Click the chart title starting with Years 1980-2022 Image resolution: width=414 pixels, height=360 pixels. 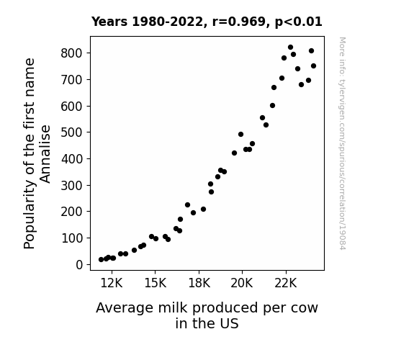pos(207,22)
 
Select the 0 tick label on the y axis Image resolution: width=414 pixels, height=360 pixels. pos(79,264)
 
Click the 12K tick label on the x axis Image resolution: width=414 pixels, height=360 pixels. pos(112,283)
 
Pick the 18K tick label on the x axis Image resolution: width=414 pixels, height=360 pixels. pos(199,283)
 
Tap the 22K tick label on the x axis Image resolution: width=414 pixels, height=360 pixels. pos(286,283)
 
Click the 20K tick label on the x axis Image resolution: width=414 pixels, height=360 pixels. pos(242,283)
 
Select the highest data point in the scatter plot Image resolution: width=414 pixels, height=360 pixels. pos(290,48)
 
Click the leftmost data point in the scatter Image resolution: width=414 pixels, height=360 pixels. pos(101,260)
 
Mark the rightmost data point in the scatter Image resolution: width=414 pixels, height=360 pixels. pos(313,66)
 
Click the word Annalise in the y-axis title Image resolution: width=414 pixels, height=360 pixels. pos(45,154)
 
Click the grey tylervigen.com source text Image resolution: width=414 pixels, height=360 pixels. pos(342,143)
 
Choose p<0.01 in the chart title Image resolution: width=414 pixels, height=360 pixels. pos(299,22)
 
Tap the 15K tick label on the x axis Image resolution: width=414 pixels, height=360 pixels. pos(156,283)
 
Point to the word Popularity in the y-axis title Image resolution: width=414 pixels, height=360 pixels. pos(29,214)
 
